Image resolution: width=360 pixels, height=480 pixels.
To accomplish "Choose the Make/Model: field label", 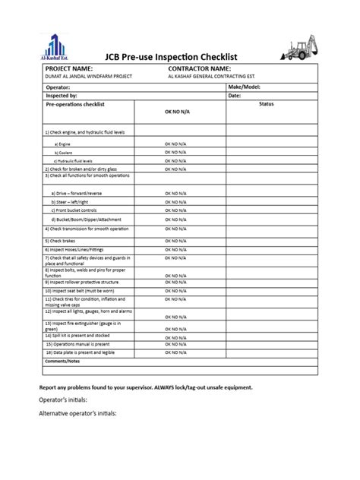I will (245, 87).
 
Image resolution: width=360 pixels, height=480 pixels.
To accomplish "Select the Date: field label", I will (235, 96).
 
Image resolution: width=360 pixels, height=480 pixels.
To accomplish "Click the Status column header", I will (266, 103).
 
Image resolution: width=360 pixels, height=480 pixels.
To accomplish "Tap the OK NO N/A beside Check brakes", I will (176, 241).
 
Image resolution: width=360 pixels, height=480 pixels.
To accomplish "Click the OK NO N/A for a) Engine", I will (176, 144).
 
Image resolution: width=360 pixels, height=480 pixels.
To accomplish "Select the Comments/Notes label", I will (62, 361).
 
